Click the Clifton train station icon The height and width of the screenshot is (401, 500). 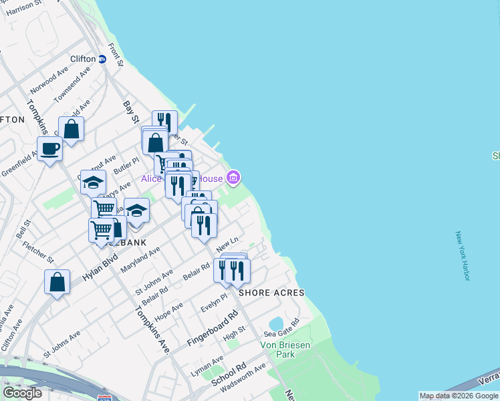[102, 59]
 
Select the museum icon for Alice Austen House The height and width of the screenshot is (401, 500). [233, 177]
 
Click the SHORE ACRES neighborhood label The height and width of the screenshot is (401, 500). [271, 293]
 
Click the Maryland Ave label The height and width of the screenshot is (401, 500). [140, 260]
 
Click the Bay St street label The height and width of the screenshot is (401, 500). [128, 110]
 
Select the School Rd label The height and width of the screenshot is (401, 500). [229, 376]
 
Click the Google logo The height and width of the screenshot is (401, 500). [22, 393]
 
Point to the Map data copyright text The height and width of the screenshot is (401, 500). [459, 396]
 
